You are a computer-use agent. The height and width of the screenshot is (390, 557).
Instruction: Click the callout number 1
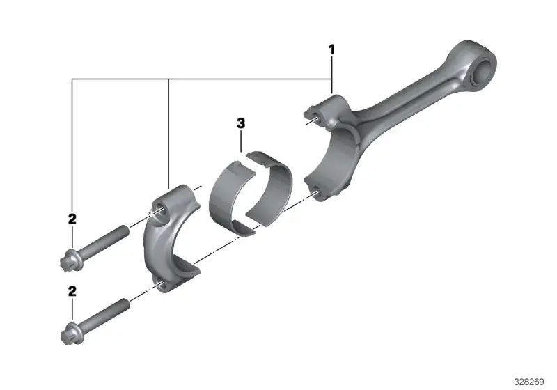coord(332,49)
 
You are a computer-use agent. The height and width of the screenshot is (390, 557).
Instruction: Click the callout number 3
coord(241,123)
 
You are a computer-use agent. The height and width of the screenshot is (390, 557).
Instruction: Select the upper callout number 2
coord(72,219)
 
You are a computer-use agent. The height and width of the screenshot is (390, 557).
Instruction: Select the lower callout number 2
coord(72,291)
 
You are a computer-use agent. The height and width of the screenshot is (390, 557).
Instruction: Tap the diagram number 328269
coord(529,382)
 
